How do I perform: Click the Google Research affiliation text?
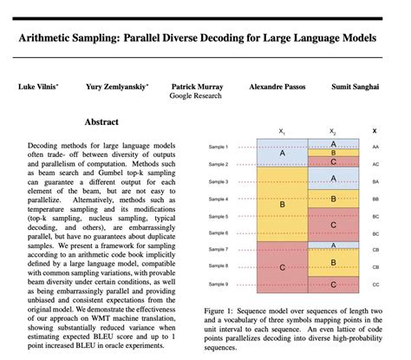point(196,98)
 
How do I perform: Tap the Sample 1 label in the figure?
point(218,148)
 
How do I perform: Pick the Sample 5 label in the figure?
point(218,216)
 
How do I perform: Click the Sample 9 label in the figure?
point(218,285)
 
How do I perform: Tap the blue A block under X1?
point(281,153)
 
